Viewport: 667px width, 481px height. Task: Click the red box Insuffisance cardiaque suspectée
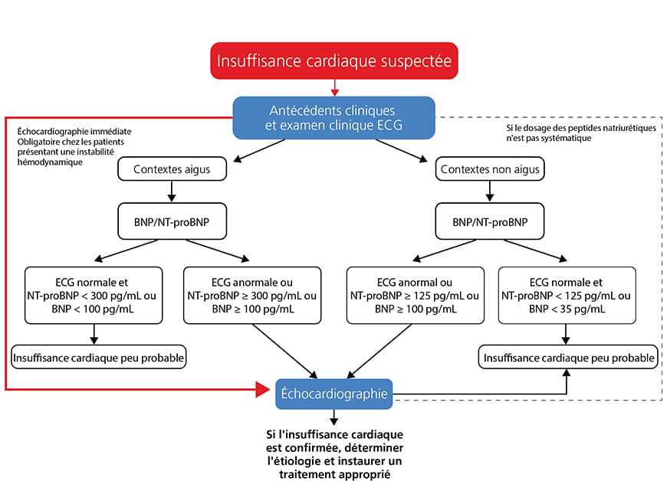(334, 61)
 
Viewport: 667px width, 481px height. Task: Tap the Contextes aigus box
(163, 169)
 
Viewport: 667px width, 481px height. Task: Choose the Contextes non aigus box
(490, 169)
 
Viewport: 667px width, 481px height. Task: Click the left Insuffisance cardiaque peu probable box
(100, 357)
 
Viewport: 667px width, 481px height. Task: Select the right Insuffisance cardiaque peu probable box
(568, 357)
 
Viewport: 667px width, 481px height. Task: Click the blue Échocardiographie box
(334, 394)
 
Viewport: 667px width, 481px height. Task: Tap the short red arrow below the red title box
(334, 86)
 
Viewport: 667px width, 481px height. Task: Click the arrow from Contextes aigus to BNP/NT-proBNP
(163, 191)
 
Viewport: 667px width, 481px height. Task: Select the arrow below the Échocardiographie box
(334, 417)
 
